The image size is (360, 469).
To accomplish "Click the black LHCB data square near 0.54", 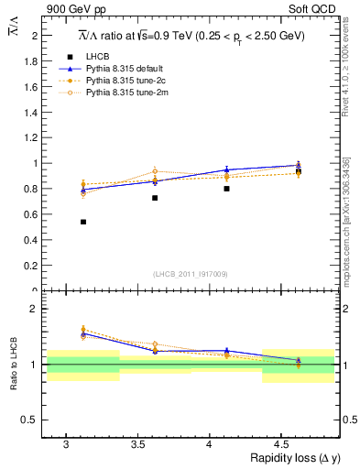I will tap(83, 222).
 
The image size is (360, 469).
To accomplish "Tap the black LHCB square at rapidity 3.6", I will tap(155, 198).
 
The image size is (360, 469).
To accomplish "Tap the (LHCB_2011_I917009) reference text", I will tap(191, 274).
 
